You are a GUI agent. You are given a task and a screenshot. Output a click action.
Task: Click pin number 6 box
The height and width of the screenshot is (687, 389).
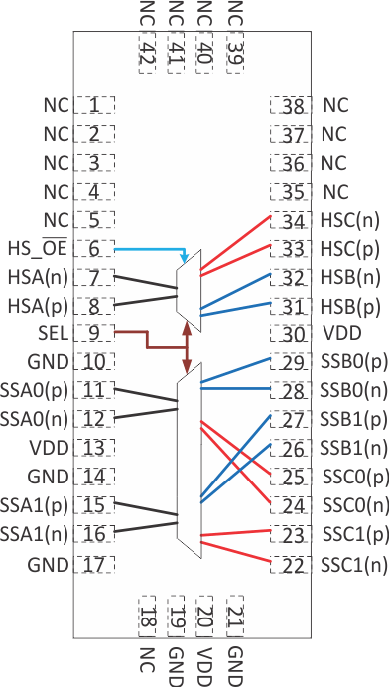coord(94,248)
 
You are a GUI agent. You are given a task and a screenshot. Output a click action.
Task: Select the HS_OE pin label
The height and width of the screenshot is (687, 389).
coord(35,248)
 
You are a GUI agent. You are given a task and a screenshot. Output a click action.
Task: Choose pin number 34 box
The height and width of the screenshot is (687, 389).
coord(292,219)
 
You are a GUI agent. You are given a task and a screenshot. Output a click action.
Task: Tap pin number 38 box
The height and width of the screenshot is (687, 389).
coord(292,104)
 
